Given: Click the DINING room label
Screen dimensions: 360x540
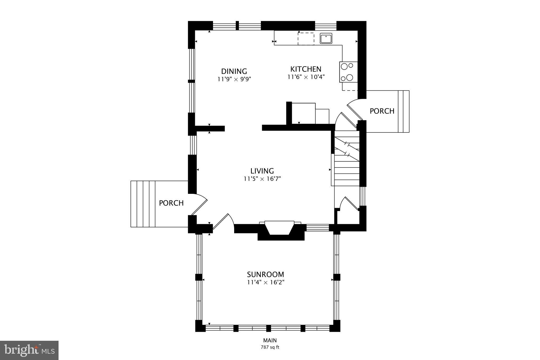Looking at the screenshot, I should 234,71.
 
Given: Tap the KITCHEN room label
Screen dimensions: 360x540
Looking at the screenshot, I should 306,69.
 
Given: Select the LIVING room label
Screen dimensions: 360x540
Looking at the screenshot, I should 262,171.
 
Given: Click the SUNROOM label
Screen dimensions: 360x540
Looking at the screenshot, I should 265,274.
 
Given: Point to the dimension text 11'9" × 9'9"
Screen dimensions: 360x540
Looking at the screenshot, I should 234,79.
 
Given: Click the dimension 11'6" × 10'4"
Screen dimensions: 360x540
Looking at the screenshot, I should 306,77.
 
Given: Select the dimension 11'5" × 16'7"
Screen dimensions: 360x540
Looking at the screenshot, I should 262,179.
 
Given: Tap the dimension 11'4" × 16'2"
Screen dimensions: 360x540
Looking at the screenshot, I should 266,282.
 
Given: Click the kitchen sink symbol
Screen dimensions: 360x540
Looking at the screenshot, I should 326,38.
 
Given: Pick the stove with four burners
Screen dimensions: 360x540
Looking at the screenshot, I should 348,72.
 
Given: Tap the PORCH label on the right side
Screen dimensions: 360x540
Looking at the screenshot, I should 382,111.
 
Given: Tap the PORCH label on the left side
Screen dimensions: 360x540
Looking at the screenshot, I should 171,203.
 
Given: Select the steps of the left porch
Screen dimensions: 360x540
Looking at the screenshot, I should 143,204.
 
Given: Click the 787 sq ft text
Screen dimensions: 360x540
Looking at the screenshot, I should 270,347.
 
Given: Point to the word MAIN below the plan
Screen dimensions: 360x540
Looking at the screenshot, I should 270,340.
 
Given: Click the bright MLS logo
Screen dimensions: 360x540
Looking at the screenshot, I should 29,350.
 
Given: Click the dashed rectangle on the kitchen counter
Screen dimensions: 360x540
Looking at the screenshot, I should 306,39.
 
